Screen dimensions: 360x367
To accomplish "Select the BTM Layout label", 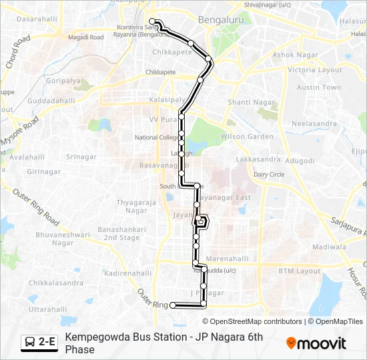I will coord(299,271).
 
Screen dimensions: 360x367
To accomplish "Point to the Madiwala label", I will coord(329,246).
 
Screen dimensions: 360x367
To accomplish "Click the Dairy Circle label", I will coord(268,174).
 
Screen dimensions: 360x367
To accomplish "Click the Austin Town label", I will coord(318,87).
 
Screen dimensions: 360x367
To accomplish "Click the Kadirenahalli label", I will coord(128,273).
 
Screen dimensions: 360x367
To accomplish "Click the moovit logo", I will coord(316,343).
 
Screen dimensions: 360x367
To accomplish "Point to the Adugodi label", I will coord(300,161).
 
